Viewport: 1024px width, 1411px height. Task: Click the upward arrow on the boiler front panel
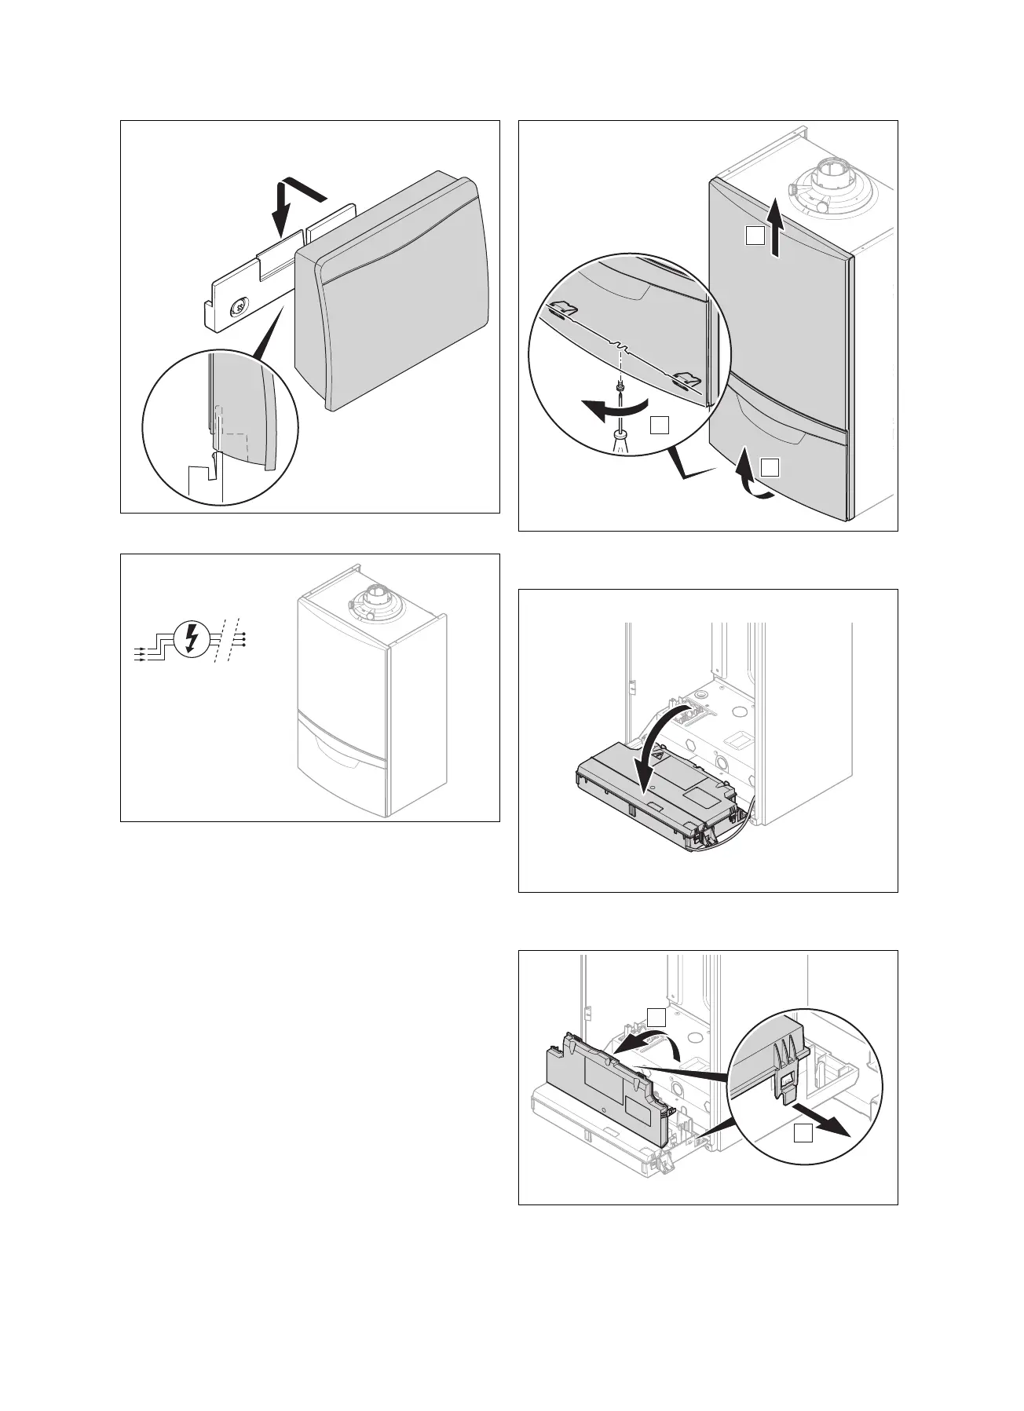click(775, 228)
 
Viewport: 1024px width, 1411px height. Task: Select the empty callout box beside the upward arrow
click(755, 235)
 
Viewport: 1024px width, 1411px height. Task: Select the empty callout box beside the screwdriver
click(660, 425)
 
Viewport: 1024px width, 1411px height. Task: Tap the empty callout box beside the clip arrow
click(801, 1131)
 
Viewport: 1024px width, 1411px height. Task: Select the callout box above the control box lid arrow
click(657, 1018)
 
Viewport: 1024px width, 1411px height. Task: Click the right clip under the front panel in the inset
click(684, 381)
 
